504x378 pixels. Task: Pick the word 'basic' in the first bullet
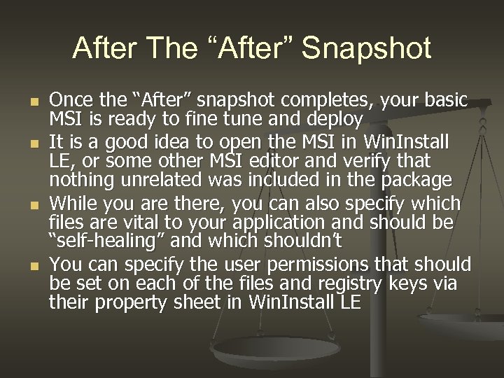click(x=444, y=100)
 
